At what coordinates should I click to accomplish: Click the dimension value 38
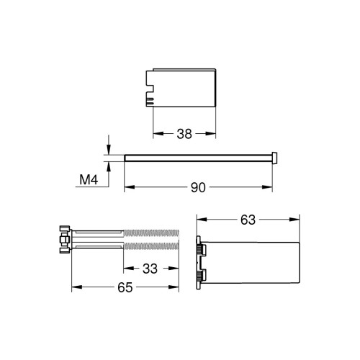[x=184, y=132]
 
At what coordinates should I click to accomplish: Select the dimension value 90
[x=199, y=188]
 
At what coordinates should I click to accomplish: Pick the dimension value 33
[x=150, y=269]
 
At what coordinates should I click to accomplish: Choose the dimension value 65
[x=125, y=287]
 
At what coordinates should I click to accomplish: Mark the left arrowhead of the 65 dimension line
[x=74, y=287]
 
